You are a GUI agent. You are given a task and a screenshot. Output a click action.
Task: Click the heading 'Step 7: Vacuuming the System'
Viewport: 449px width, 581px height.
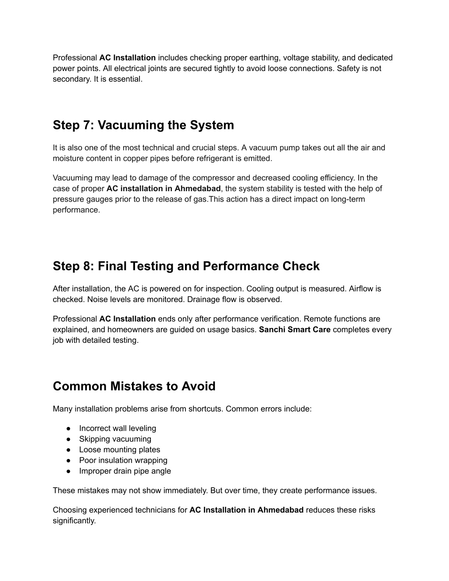(x=143, y=125)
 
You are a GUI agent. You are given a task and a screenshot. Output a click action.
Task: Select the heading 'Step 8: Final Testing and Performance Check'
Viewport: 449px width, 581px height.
(x=186, y=267)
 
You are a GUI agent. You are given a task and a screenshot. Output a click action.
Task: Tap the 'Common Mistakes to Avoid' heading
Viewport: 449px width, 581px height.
(x=134, y=386)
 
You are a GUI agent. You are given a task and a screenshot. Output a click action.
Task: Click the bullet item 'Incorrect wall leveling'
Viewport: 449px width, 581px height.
(x=118, y=428)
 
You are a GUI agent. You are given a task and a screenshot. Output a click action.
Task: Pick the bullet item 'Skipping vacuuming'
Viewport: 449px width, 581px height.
(x=115, y=439)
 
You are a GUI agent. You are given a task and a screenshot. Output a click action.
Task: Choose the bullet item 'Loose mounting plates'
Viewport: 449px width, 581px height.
(x=119, y=449)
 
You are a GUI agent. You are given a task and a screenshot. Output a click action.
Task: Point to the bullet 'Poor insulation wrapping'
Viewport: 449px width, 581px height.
(x=123, y=460)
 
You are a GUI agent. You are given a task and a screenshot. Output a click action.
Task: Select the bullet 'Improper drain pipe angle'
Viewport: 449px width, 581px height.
(x=125, y=471)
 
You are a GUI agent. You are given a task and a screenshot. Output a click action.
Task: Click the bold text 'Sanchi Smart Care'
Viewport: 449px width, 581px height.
(x=295, y=330)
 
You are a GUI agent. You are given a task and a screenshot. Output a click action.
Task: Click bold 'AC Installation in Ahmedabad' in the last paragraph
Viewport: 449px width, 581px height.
(x=246, y=510)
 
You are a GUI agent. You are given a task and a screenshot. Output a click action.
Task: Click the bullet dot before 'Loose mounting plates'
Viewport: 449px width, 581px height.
(x=69, y=449)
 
